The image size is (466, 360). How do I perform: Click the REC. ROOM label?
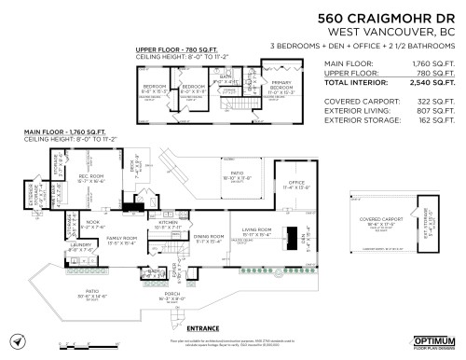point(90,175)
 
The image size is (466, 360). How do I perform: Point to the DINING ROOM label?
point(210,236)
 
